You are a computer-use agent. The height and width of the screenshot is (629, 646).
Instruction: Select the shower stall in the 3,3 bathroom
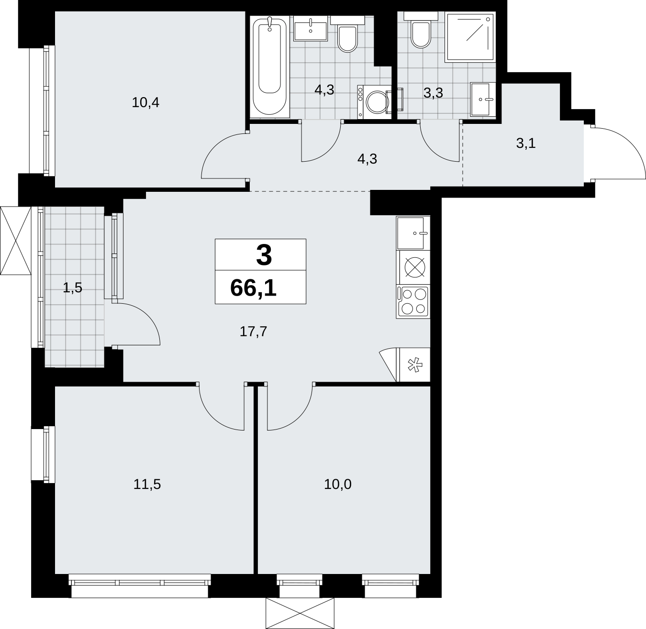470,37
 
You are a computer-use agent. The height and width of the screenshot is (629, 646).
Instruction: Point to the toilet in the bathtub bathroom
347,35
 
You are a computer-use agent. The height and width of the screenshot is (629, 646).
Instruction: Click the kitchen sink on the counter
413,233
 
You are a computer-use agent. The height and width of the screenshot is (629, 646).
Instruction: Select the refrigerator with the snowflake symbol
413,364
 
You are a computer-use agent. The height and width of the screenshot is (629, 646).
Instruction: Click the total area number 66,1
253,288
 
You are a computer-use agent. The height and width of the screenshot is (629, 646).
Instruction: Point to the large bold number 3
264,255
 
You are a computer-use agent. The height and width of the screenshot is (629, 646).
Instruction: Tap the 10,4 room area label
145,102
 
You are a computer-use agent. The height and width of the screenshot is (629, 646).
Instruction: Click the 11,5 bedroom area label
147,485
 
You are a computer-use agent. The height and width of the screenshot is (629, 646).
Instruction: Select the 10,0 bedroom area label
338,485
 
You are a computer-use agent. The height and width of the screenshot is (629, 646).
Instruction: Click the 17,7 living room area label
253,331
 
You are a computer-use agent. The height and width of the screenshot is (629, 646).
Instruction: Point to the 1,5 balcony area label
72,287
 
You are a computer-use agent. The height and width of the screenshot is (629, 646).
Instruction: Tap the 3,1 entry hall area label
526,143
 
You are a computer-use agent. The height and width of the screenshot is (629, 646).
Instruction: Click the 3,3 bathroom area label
433,93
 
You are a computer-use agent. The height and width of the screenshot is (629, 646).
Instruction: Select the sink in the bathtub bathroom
311,28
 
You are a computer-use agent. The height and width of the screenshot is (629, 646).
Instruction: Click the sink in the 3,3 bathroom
483,99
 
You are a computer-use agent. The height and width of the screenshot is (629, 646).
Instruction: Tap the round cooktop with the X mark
414,267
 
